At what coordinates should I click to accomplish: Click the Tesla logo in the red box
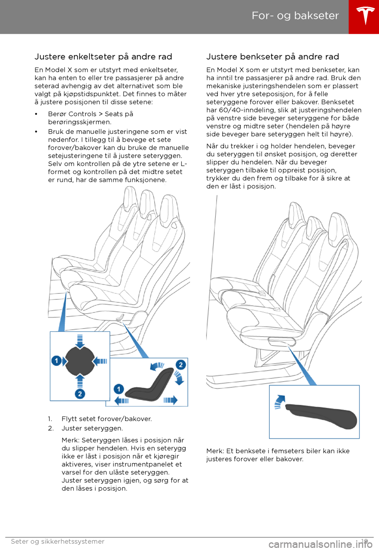pos(364,16)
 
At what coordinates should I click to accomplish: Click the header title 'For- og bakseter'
pos(295,16)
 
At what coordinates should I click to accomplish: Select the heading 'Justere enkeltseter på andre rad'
pos(103,57)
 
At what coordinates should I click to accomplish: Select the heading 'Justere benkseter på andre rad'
pos(273,57)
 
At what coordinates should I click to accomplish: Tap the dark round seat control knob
pos(80,362)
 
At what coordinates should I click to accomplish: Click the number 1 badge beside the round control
pos(56,361)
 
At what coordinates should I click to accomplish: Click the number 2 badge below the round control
pos(80,394)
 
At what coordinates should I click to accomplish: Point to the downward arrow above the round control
pos(80,342)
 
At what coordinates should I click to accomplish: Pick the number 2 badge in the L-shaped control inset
pos(181,365)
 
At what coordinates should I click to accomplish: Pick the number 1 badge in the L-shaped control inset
pos(118,389)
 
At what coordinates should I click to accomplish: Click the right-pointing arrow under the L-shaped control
pos(171,400)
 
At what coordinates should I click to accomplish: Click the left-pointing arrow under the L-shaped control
pos(122,401)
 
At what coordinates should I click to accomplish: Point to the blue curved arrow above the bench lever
pos(280,402)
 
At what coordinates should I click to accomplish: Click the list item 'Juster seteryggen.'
pos(92,429)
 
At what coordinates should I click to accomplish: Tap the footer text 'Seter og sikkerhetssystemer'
pos(58,542)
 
